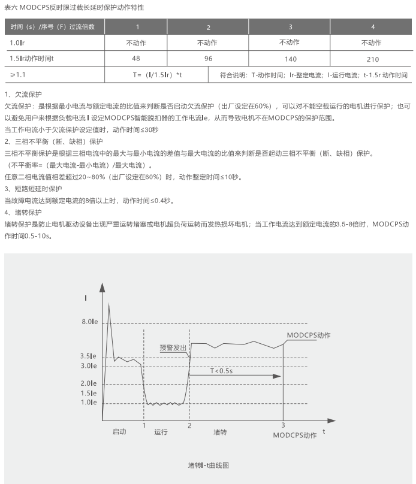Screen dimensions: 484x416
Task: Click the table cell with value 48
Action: point(136,59)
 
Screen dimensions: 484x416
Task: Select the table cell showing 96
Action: point(208,59)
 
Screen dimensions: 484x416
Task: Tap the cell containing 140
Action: point(291,59)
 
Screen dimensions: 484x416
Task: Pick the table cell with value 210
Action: point(372,59)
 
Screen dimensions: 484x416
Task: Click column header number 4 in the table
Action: point(373,27)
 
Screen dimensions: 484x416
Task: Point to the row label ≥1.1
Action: point(17,75)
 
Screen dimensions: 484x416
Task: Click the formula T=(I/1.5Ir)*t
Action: point(157,75)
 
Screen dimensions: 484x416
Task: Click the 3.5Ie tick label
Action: point(89,356)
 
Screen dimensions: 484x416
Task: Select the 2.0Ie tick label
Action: point(89,383)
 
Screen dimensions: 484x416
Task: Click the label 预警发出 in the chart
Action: point(173,347)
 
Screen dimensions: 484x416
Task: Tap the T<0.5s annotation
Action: point(221,371)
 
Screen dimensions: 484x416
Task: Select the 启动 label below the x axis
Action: point(119,432)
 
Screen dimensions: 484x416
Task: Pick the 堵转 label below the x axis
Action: point(220,432)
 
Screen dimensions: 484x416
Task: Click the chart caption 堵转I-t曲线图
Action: point(208,465)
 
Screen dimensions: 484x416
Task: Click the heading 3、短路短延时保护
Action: point(32,189)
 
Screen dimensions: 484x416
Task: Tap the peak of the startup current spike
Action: point(109,305)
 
